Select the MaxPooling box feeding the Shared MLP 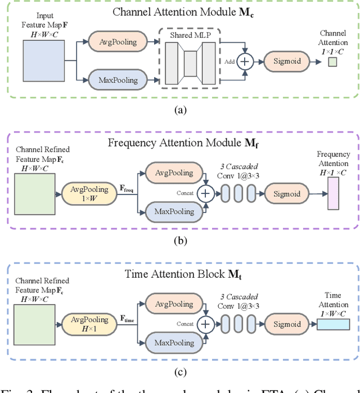[116, 80]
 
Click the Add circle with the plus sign [244, 61]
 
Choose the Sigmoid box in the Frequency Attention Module [287, 194]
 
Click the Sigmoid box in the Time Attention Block [287, 324]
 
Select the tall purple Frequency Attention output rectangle [334, 193]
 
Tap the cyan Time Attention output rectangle [334, 324]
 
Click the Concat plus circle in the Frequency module [205, 194]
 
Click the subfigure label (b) [179, 242]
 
